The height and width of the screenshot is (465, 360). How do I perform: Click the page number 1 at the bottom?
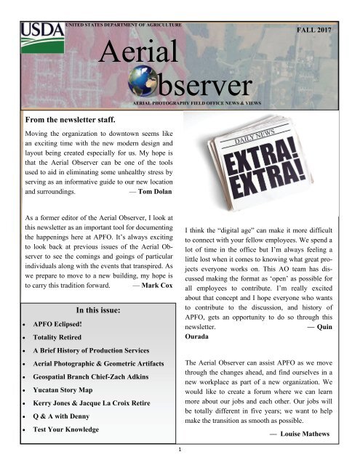(x=180, y=458)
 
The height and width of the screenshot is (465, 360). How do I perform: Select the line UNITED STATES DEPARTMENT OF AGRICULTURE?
(x=123, y=25)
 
